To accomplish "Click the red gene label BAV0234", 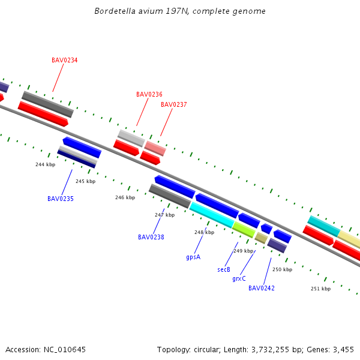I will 64,60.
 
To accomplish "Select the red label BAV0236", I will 149,94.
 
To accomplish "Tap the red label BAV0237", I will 173,104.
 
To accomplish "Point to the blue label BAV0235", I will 61,199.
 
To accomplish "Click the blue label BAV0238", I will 151,237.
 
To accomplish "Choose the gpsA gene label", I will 193,257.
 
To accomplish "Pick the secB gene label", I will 224,270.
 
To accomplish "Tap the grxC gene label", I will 239,279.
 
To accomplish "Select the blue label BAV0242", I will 262,288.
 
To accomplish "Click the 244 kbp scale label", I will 45,164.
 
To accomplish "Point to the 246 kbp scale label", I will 125,197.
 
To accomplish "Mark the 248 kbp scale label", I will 204,233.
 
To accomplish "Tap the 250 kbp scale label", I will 282,270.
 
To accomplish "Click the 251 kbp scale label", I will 320,289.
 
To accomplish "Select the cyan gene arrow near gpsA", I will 212,215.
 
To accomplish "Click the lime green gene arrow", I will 244,229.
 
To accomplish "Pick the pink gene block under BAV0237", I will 155,148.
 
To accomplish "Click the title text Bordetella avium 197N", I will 180,11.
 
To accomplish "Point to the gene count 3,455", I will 343,349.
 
